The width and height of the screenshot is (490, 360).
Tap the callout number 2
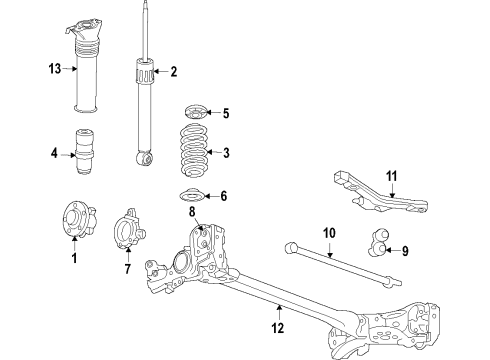(173, 71)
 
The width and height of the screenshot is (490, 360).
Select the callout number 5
(226, 113)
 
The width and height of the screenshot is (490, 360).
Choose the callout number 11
(392, 177)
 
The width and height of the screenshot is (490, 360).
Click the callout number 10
(327, 233)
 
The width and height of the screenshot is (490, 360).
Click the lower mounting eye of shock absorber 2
(146, 157)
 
